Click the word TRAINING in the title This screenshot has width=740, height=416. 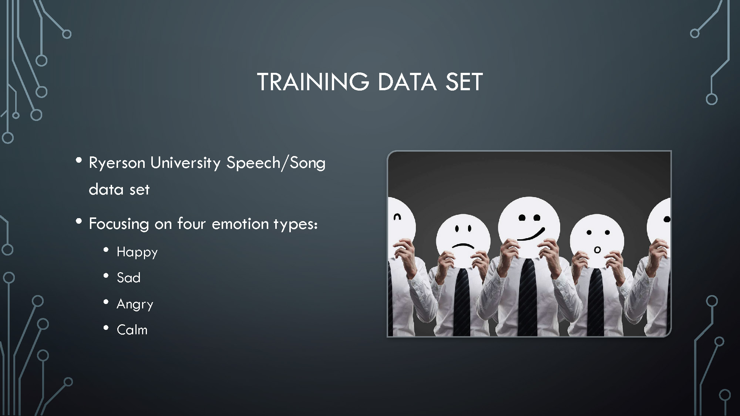coord(313,82)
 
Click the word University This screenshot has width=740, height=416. coord(186,163)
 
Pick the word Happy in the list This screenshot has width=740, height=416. coord(137,253)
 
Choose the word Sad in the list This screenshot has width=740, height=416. coord(128,278)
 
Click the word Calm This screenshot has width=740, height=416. coord(132,329)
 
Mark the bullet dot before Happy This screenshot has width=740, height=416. coord(106,250)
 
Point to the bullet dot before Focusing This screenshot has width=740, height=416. coord(78,221)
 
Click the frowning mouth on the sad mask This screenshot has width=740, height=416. coord(463,245)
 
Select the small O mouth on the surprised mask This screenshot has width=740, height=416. coord(597,250)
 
